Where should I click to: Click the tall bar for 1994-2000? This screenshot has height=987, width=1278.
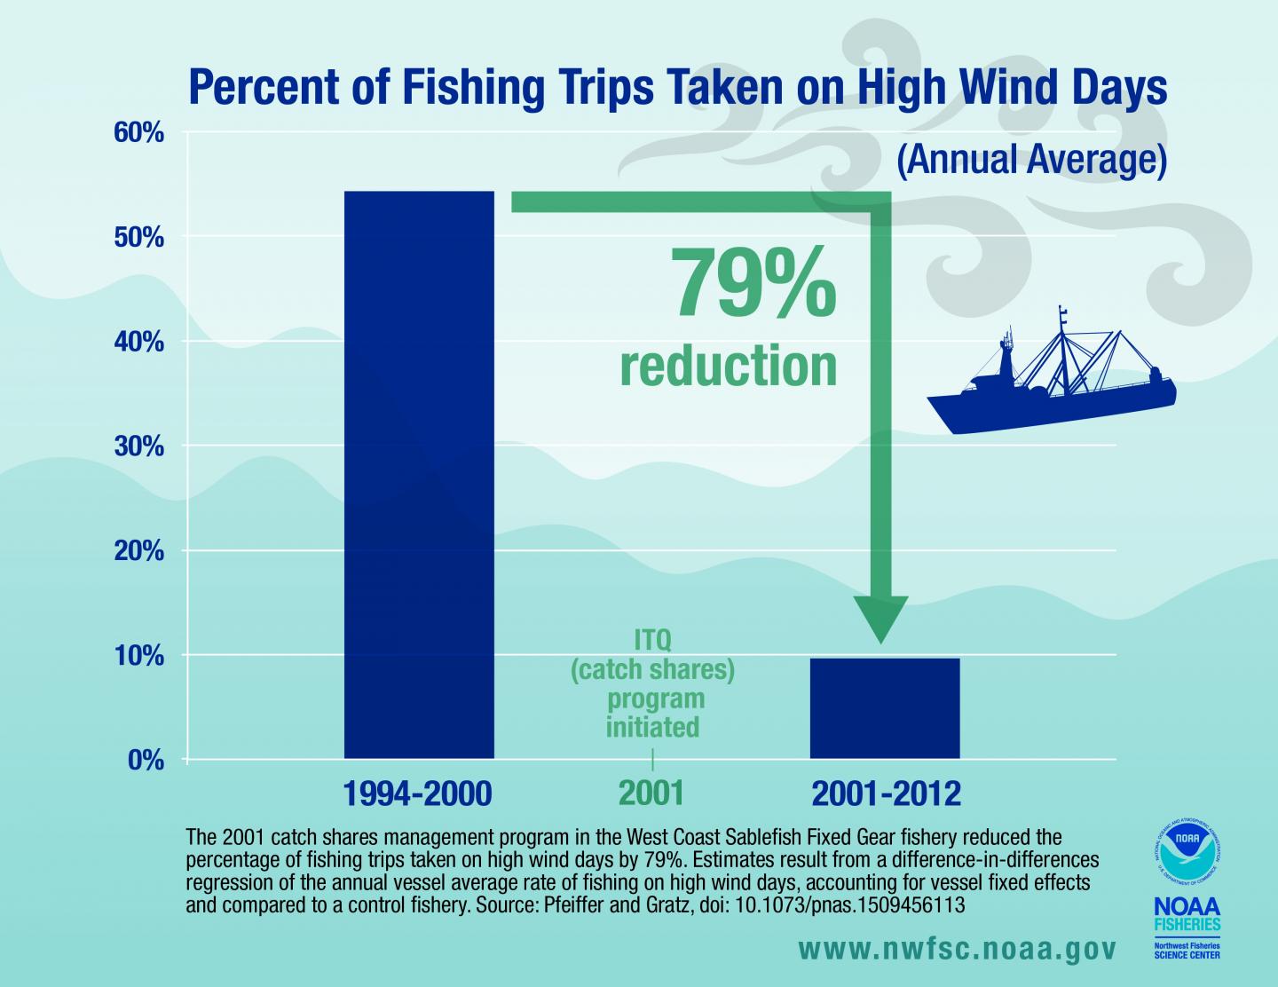click(x=418, y=475)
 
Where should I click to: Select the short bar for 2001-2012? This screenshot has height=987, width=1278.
click(x=885, y=708)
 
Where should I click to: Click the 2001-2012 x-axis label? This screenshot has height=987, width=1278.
click(x=886, y=794)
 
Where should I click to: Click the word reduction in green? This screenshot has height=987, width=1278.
click(x=728, y=367)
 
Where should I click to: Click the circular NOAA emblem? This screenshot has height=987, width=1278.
click(x=1186, y=846)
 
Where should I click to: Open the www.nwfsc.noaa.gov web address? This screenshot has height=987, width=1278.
click(x=955, y=949)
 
